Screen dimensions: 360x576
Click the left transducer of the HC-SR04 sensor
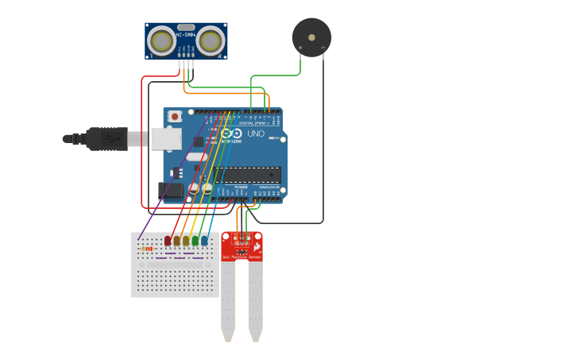point(163,41)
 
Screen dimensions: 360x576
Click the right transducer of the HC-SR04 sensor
point(211,41)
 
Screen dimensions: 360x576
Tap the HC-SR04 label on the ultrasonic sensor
point(186,34)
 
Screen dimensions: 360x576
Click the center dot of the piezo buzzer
point(311,37)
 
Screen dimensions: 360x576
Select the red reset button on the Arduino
point(175,117)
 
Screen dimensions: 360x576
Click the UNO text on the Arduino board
point(256,134)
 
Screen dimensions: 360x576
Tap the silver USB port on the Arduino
point(166,139)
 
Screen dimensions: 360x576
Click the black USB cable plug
point(107,139)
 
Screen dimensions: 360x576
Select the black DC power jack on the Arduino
point(169,190)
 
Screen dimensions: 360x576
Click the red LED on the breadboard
point(168,240)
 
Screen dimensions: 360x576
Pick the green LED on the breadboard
point(195,240)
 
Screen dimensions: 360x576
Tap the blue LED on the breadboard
point(205,240)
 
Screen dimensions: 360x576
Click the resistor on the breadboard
point(146,249)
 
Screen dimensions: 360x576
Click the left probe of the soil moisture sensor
point(228,302)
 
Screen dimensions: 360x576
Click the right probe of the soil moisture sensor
point(255,302)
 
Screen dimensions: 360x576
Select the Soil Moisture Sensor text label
point(242,257)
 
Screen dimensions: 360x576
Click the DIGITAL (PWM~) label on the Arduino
point(252,123)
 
